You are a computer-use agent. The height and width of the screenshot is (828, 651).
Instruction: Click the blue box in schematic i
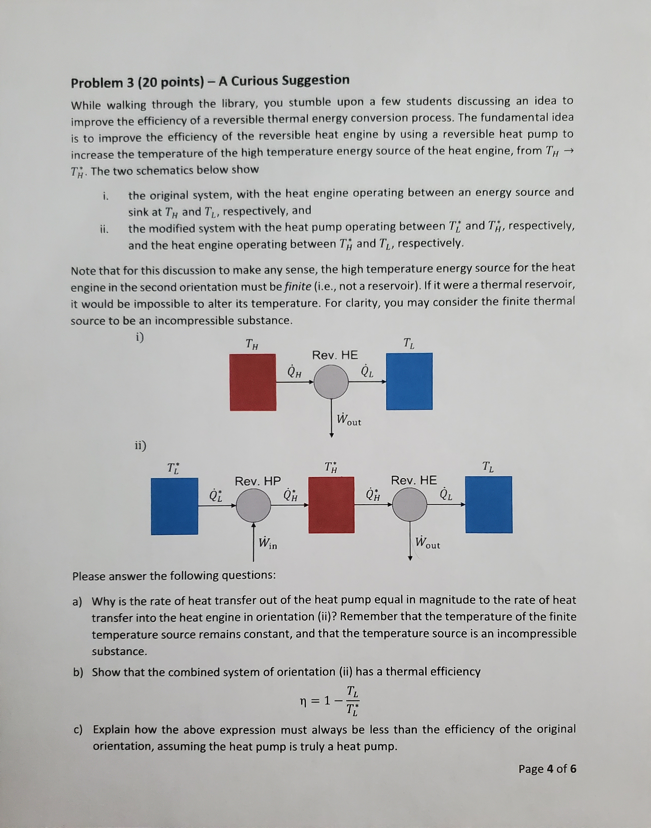click(x=409, y=381)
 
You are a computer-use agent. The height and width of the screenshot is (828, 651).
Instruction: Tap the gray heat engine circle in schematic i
click(x=331, y=382)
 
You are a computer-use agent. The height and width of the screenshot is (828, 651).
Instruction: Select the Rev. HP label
click(x=258, y=481)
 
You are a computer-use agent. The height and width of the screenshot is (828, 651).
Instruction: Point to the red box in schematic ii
click(x=331, y=505)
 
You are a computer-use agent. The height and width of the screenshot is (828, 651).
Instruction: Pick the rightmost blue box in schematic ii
click(x=489, y=505)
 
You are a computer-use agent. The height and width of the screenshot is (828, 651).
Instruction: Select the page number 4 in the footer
click(x=550, y=769)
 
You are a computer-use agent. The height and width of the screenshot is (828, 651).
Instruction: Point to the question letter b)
click(x=78, y=672)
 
